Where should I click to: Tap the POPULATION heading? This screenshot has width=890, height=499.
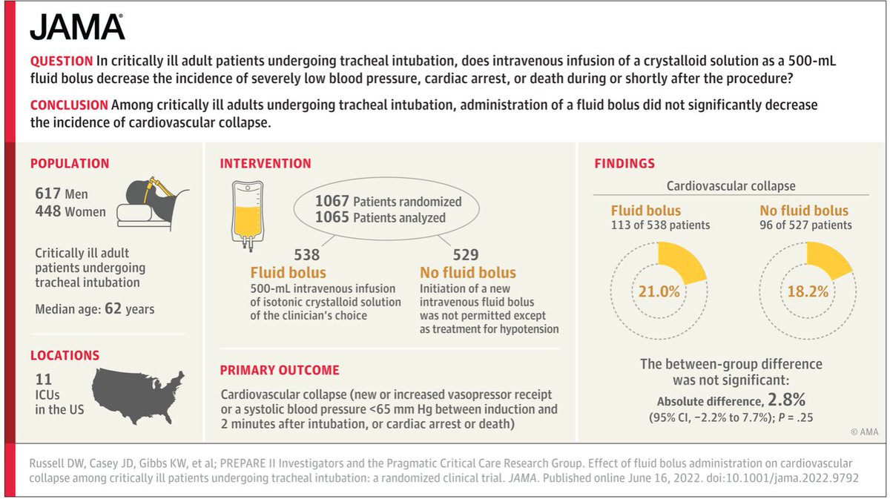click(x=69, y=164)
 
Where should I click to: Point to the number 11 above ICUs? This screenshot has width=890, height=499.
click(x=43, y=378)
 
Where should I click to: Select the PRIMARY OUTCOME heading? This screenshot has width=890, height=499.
click(x=280, y=370)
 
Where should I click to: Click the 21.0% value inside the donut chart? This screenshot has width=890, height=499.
click(x=659, y=291)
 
